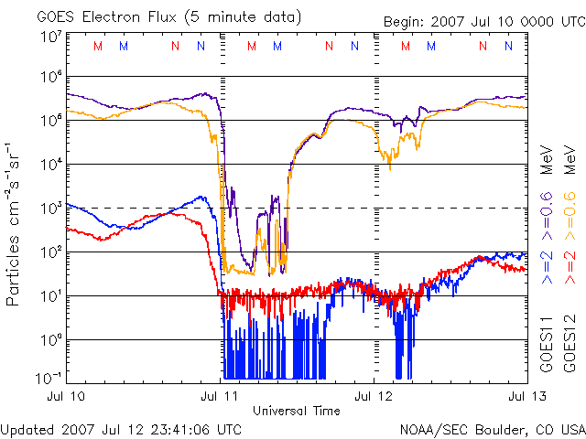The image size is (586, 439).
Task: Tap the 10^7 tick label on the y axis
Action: [50, 37]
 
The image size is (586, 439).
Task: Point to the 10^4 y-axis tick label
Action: [50, 165]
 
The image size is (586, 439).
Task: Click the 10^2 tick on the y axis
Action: [50, 252]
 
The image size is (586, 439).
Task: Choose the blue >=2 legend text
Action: [546, 265]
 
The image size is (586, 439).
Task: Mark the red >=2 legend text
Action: [570, 265]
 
